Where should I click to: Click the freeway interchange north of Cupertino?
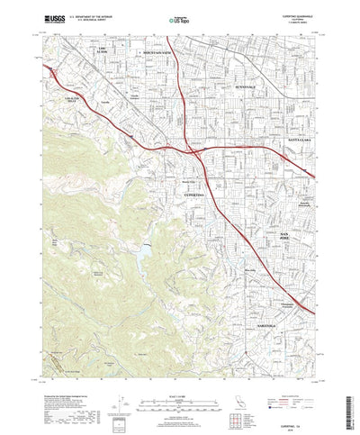[x=192, y=141]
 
